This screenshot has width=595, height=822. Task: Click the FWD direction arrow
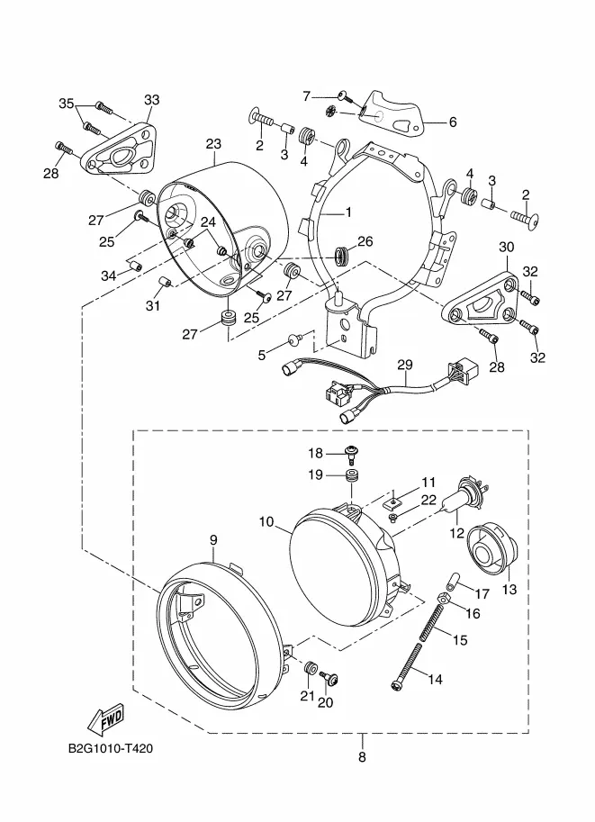tap(105, 719)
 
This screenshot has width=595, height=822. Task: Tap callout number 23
tap(212, 144)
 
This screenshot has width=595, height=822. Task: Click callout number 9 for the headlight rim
tap(214, 539)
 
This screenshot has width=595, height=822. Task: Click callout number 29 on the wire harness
tap(404, 365)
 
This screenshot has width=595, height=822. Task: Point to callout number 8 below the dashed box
tap(362, 757)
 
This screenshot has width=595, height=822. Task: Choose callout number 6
tap(452, 122)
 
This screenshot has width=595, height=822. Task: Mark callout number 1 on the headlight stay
tap(348, 214)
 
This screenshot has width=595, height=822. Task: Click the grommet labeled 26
tap(340, 254)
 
